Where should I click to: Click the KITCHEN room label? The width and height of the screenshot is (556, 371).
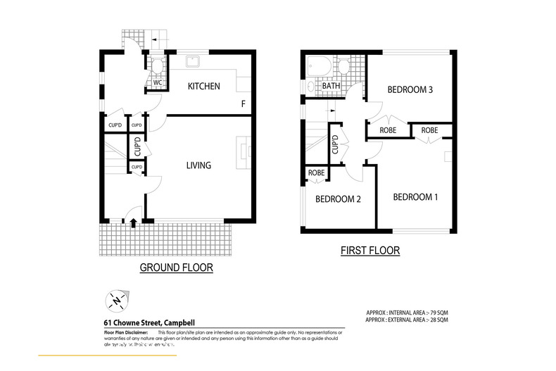tap(203, 87)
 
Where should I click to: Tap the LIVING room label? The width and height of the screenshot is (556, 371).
tap(198, 165)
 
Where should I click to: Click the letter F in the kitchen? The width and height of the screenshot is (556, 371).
tap(244, 104)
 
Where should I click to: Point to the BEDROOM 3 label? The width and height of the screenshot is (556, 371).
tap(410, 89)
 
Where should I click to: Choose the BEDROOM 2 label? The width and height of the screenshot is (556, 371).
tap(338, 199)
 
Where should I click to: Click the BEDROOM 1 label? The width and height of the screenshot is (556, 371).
tap(415, 197)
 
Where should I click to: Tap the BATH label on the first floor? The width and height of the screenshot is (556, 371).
tap(331, 87)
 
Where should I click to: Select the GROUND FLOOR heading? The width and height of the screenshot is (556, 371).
tap(176, 268)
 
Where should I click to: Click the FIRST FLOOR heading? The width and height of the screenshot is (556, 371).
tap(370, 250)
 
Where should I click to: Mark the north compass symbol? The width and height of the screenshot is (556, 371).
tap(115, 301)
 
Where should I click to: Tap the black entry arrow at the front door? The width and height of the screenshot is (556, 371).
tap(133, 222)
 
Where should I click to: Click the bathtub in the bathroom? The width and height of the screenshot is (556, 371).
tap(320, 68)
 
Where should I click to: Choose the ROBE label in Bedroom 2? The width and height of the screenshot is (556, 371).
tap(316, 172)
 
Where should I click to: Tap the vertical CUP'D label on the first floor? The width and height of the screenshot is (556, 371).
tap(335, 144)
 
